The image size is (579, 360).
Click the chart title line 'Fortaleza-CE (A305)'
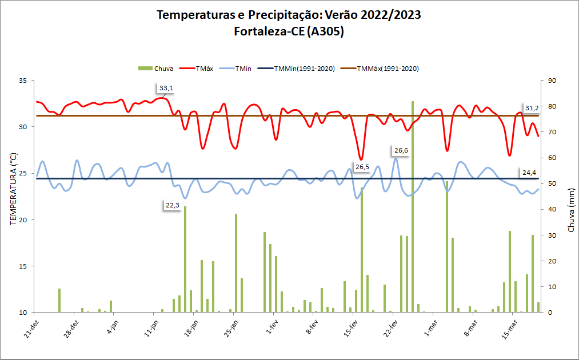[x=289, y=31]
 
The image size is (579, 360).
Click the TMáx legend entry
[x=197, y=69]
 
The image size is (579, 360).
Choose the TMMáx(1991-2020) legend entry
[x=380, y=69]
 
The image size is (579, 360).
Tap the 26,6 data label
[x=401, y=150]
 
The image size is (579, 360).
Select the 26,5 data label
[x=362, y=167]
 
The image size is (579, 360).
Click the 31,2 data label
[x=532, y=108]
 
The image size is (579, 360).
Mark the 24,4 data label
[x=529, y=171]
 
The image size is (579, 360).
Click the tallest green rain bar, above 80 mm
[x=413, y=206]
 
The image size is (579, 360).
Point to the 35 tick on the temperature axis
[x=23, y=81]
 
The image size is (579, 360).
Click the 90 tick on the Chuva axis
[x=552, y=81]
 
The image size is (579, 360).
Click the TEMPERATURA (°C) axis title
[x=14, y=189]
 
